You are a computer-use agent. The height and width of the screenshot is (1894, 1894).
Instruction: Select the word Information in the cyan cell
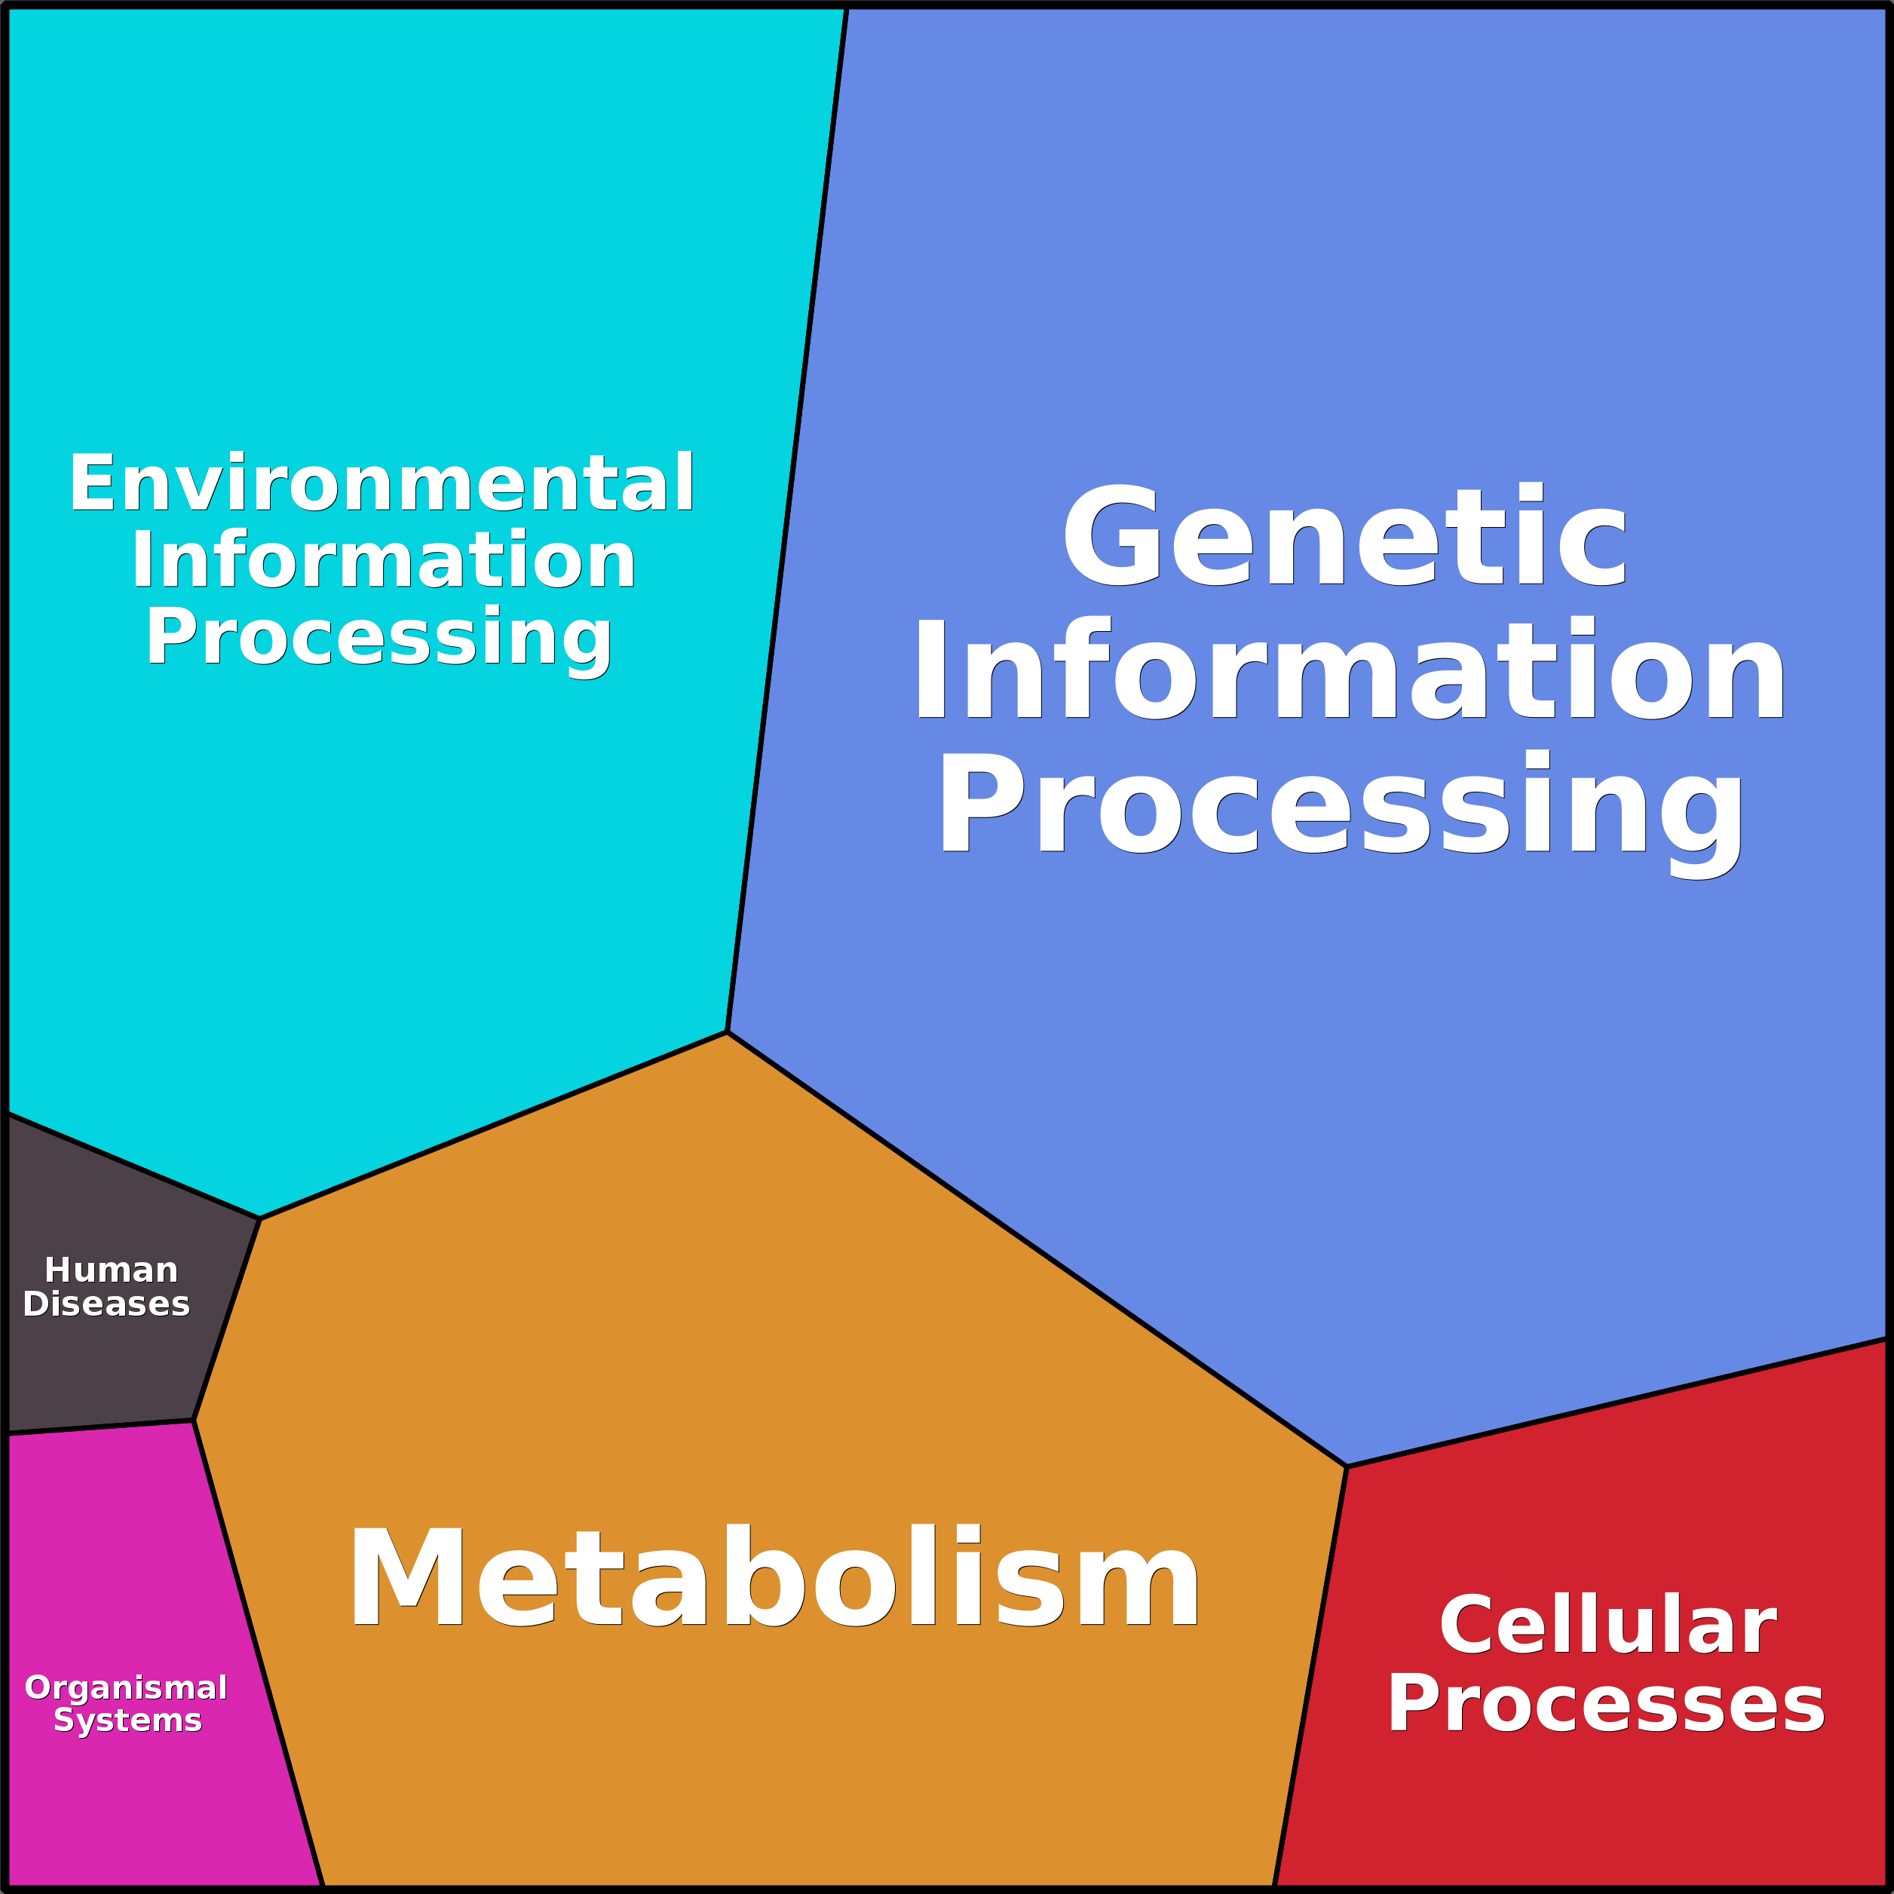tap(383, 559)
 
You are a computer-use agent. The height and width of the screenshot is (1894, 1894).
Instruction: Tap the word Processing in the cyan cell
tap(379, 637)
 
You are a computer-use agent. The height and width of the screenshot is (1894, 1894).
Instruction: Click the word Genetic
tap(1344, 538)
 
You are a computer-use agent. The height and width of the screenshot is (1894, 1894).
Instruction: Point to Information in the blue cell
tap(1349, 673)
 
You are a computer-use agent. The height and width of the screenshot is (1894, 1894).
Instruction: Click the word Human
tap(111, 1270)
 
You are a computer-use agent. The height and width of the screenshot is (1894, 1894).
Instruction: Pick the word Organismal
tap(125, 1687)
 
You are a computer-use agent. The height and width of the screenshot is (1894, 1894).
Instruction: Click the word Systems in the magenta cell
tap(127, 1721)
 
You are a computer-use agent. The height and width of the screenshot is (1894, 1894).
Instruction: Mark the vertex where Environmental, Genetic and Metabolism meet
tap(726, 1031)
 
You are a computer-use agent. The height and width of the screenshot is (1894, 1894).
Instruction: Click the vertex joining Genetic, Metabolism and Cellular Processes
tap(1347, 1466)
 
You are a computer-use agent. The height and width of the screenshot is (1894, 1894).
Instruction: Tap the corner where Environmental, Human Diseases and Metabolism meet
tap(260, 1218)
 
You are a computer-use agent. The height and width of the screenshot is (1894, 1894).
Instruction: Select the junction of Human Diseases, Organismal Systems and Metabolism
tap(193, 1420)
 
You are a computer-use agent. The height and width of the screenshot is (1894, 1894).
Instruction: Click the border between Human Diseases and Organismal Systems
tap(98, 1427)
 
